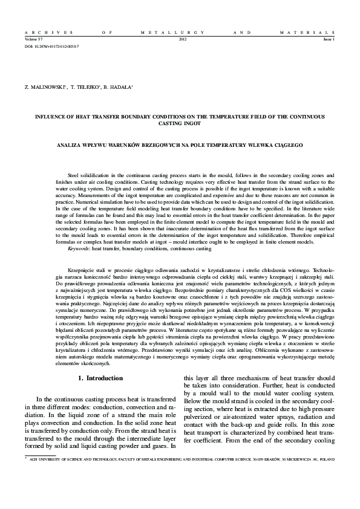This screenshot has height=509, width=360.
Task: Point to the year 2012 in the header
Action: [x=183, y=39]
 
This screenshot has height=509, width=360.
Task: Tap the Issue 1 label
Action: [x=329, y=39]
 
